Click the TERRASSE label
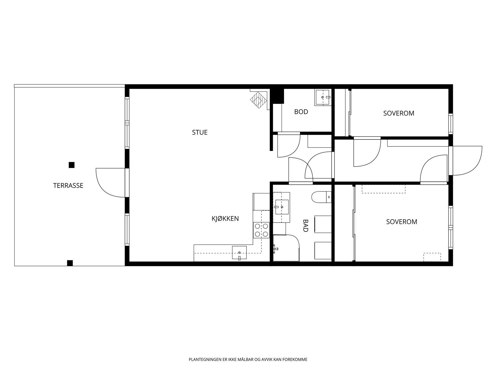click(x=68, y=185)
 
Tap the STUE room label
click(x=200, y=132)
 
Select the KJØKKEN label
click(x=225, y=219)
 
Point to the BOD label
click(x=301, y=112)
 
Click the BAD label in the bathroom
click(x=305, y=226)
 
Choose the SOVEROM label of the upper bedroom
click(x=399, y=113)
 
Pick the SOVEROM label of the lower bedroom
click(x=401, y=222)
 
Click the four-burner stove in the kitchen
click(x=261, y=230)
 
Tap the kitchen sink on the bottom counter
click(x=239, y=253)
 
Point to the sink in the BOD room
click(x=323, y=98)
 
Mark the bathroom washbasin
click(x=281, y=207)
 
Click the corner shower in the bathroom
click(x=286, y=248)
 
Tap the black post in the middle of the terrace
click(x=72, y=165)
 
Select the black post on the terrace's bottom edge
click(x=70, y=263)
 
